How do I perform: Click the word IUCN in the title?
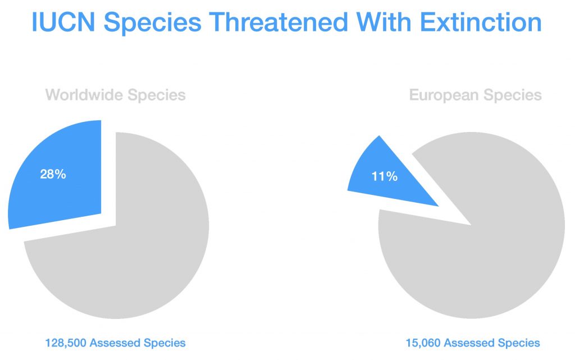[62, 23]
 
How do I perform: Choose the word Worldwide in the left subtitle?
[84, 95]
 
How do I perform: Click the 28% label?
[53, 174]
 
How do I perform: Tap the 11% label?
[385, 176]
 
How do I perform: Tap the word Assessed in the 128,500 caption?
[118, 343]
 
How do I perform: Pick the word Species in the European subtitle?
[513, 95]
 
